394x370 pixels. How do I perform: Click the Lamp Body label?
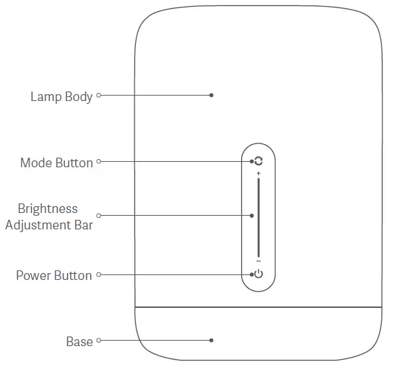click(61, 96)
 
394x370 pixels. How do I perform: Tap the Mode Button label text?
click(56, 163)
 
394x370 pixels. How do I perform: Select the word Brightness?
click(48, 209)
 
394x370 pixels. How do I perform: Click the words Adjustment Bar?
click(48, 224)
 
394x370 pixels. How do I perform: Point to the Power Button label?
click(54, 276)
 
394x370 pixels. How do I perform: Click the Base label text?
click(79, 341)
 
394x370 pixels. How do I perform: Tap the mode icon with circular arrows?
click(258, 162)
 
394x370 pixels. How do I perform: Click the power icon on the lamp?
click(258, 275)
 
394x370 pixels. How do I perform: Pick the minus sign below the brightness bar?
click(258, 261)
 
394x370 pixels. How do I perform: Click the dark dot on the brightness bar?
click(252, 215)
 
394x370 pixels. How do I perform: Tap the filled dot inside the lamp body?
click(212, 96)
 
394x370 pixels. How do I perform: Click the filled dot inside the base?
click(212, 340)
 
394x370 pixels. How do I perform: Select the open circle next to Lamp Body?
click(99, 96)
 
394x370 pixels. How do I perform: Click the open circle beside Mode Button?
click(99, 162)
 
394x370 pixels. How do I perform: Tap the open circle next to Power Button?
click(99, 275)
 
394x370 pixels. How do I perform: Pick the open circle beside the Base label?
click(99, 340)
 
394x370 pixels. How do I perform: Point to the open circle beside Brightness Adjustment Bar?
click(99, 215)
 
